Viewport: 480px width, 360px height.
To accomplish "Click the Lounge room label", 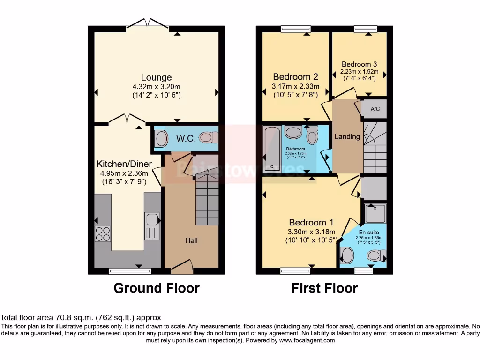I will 157,77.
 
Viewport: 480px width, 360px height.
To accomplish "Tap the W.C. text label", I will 182,138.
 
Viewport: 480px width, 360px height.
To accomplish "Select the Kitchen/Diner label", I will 124,164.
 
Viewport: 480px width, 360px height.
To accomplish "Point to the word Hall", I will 191,240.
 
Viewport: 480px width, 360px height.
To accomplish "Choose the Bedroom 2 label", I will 296,77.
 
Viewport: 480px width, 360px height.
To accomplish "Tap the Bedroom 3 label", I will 359,64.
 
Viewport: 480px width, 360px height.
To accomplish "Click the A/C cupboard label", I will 375,109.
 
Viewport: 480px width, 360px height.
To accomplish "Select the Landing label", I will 347,137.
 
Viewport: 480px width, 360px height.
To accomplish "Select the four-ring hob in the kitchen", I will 102,233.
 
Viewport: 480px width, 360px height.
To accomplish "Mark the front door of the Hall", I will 182,267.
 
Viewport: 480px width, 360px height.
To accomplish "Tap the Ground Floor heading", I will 156,288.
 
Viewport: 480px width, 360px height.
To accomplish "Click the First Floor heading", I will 324,288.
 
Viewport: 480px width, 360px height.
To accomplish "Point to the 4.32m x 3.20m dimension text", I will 156,87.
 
